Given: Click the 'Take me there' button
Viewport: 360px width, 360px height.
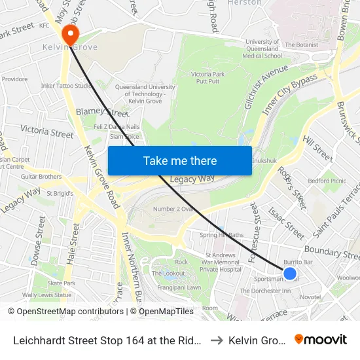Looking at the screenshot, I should (x=180, y=161).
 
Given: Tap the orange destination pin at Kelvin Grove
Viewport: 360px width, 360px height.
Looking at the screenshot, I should (x=68, y=33).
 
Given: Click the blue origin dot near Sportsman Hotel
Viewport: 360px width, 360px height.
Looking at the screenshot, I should (x=290, y=274).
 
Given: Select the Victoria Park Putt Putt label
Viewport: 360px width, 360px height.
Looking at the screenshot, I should (x=210, y=79).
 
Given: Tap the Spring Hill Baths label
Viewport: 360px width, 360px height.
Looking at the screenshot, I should (x=221, y=235).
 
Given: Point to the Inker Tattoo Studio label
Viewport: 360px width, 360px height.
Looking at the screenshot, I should (x=67, y=86).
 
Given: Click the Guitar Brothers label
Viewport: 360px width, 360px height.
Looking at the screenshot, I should (x=41, y=177).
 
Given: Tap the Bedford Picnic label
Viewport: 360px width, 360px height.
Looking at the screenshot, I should (x=327, y=181).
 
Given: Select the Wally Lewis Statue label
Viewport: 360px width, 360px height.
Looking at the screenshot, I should (x=45, y=295).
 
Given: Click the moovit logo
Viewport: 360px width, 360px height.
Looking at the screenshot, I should (x=321, y=339).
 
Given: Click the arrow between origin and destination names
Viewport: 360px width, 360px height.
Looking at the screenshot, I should (x=217, y=340).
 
